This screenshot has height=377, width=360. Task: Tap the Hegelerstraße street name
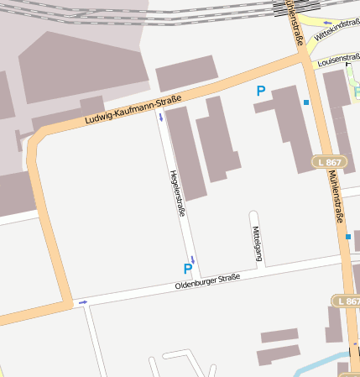pyautogui.click(x=177, y=193)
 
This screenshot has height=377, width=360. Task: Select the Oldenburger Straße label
pyautogui.click(x=207, y=282)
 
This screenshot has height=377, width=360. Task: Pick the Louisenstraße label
pyautogui.click(x=337, y=59)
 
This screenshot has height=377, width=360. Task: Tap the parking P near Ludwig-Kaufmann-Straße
pyautogui.click(x=261, y=91)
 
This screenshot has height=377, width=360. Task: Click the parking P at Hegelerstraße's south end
pyautogui.click(x=187, y=269)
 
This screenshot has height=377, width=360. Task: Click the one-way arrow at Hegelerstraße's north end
pyautogui.click(x=160, y=118)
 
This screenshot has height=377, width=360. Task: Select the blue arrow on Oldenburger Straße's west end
pyautogui.click(x=82, y=301)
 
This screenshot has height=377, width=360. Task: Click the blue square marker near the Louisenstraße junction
pyautogui.click(x=306, y=102)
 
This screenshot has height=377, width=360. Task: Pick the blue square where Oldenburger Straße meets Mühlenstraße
pyautogui.click(x=348, y=237)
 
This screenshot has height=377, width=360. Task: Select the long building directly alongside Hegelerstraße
pyautogui.click(x=185, y=151)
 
